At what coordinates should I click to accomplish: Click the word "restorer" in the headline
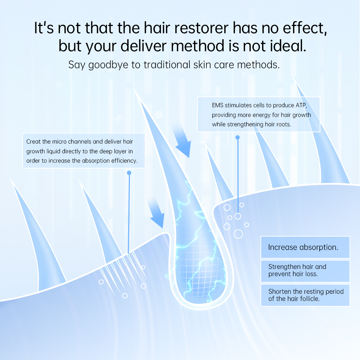201,28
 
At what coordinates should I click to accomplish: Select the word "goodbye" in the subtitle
108,65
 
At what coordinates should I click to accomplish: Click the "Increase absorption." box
305,247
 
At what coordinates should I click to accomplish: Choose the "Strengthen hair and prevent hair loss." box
305,271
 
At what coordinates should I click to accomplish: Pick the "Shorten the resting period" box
305,295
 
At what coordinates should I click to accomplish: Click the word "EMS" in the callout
217,105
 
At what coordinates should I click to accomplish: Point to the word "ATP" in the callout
301,105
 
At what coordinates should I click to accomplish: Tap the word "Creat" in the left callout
33,141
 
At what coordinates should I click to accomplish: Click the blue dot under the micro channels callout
129,173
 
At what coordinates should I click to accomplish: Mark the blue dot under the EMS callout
238,137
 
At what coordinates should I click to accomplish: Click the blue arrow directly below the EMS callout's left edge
182,140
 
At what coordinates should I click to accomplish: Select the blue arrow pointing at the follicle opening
156,212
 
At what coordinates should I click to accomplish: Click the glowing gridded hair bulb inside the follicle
199,271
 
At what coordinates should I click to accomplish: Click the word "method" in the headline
197,46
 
